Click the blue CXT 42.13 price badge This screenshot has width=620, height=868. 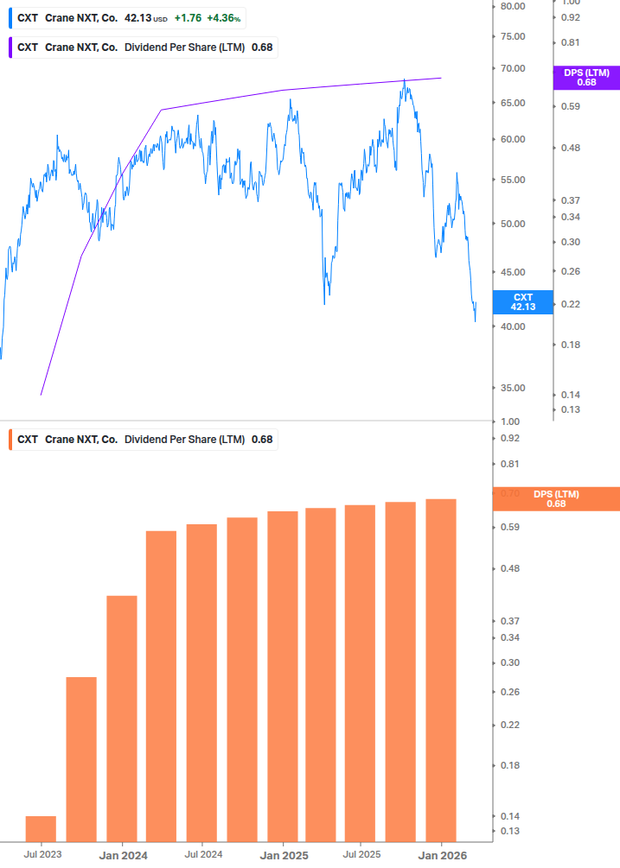coord(522,301)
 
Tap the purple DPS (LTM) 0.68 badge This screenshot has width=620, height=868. coord(586,78)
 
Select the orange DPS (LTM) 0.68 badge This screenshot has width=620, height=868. coord(555,498)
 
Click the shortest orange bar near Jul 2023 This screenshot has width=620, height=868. coord(41,827)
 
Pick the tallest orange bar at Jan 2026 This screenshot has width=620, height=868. coord(441,669)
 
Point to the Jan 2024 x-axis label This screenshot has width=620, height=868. coord(122,854)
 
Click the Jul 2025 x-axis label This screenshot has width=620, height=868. coord(361,854)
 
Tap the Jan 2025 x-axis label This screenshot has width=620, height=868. coord(284,854)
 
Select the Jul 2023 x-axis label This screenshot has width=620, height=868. coord(42,854)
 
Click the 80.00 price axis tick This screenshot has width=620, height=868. coord(514,6)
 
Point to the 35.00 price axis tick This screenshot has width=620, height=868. coord(514,388)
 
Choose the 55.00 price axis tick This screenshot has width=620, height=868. coord(514,180)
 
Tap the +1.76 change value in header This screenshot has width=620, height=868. coord(188,18)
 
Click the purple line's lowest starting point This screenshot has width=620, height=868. coord(42,395)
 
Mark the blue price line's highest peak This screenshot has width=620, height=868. coord(405,80)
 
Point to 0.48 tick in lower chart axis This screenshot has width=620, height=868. coord(511,568)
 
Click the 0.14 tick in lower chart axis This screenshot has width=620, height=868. coord(511,816)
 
